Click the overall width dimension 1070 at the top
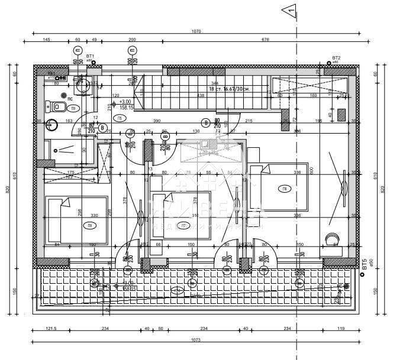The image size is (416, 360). [196, 31]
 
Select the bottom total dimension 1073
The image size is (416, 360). [196, 340]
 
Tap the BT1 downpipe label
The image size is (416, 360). [90, 56]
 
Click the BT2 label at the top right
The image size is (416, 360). [336, 57]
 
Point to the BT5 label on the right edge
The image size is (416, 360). [365, 264]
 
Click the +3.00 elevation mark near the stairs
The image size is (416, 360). [125, 101]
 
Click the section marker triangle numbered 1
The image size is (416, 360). [289, 9]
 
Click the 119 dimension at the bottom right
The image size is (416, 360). [340, 329]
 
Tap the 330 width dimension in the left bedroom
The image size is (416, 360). [93, 216]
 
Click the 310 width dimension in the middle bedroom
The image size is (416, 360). [196, 216]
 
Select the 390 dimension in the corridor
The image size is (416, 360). [157, 121]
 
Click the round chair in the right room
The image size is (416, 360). [330, 239]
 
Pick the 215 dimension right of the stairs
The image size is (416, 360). [249, 121]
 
